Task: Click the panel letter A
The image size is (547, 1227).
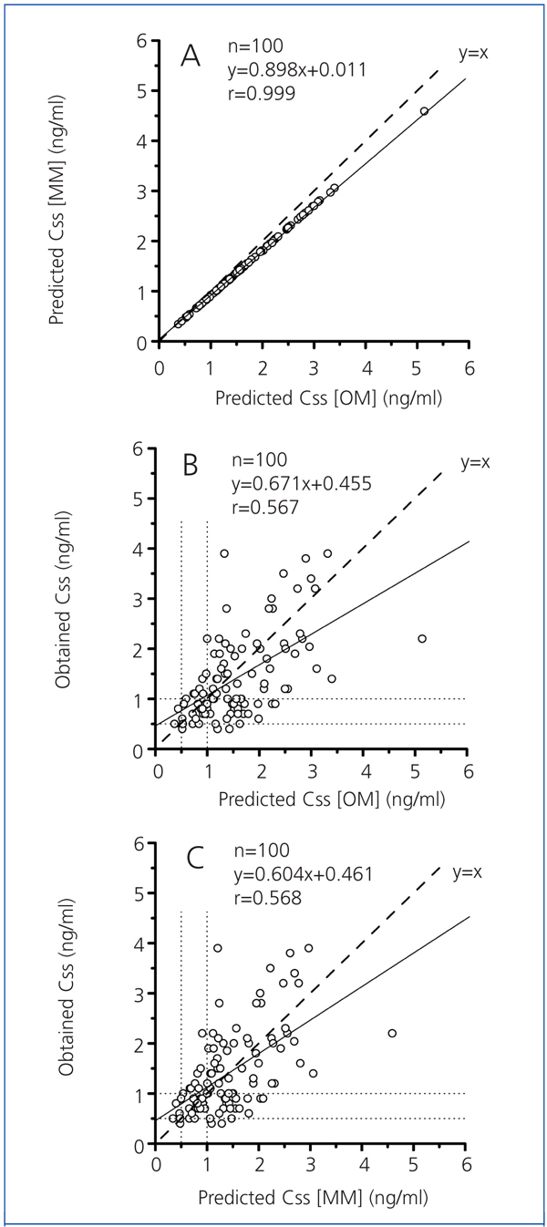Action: tap(191, 57)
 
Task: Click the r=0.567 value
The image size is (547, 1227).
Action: tap(263, 509)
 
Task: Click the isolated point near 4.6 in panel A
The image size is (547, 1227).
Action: tap(424, 111)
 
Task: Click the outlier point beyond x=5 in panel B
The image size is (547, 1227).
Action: tap(422, 639)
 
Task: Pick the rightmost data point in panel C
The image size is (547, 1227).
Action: tap(392, 1033)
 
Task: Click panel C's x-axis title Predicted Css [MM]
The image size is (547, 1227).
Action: tap(315, 1191)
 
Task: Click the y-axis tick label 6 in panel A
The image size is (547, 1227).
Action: tap(141, 41)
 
